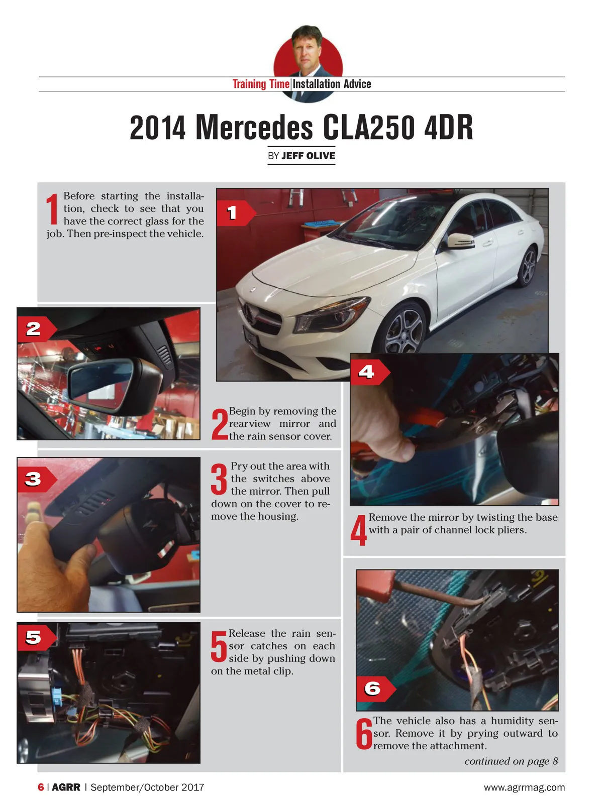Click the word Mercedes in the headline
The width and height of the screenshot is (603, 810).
coord(254,128)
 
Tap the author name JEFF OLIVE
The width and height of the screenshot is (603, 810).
coord(308,156)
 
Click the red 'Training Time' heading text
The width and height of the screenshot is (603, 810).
coord(261,84)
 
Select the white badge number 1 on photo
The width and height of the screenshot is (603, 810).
coord(231,212)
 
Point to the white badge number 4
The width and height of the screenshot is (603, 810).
coord(366,372)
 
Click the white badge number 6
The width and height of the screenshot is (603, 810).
coord(372,688)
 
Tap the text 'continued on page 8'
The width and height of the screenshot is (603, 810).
coord(511,761)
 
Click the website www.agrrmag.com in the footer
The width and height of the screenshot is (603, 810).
coord(525,787)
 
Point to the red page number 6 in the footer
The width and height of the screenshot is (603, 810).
coord(41,787)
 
